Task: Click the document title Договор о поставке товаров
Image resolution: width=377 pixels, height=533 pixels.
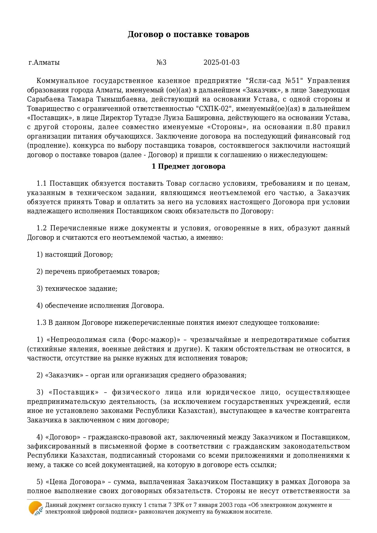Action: [x=188, y=34]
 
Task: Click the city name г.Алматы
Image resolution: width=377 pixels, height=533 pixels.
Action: [x=44, y=63]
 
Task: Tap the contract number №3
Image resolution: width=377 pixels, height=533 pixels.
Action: [x=161, y=63]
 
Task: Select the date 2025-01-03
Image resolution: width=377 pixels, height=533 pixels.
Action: [x=221, y=63]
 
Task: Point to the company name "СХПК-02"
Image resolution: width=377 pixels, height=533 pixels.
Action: [x=214, y=109]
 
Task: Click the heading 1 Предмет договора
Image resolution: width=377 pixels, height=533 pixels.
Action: [x=188, y=167]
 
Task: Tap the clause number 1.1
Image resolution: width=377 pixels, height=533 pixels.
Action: [x=41, y=184]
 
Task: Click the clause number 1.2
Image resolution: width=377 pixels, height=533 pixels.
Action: [x=41, y=228]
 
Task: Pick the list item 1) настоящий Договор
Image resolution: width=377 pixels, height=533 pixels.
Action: [x=75, y=255]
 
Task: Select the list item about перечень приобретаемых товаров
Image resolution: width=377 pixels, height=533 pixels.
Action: [x=98, y=272]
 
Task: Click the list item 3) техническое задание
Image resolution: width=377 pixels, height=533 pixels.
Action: [x=77, y=289]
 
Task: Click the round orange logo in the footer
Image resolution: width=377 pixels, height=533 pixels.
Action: [x=36, y=508]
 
